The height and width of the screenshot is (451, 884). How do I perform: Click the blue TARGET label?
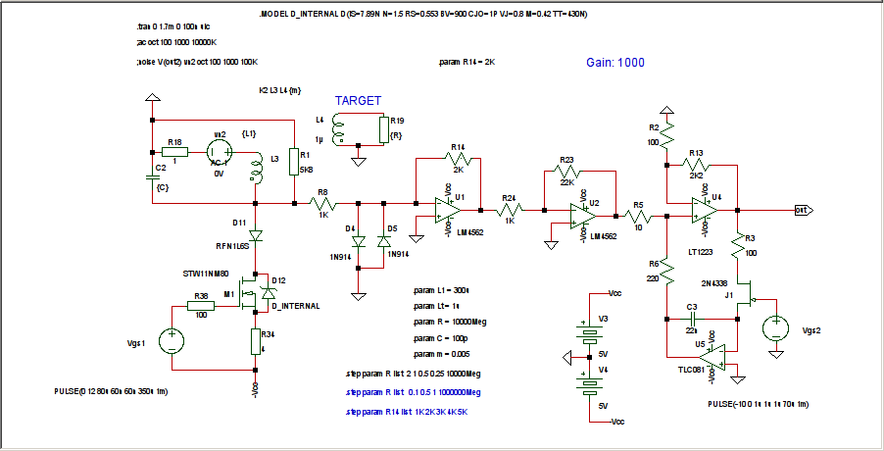pyautogui.click(x=358, y=101)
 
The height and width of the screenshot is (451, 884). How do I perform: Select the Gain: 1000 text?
pyautogui.click(x=615, y=62)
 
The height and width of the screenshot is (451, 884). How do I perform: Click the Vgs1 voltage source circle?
pyautogui.click(x=172, y=341)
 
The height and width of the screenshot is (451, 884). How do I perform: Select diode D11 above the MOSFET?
pyautogui.click(x=256, y=236)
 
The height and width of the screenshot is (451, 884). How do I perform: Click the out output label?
pyautogui.click(x=802, y=209)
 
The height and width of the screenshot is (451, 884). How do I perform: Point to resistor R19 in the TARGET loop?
pyautogui.click(x=383, y=132)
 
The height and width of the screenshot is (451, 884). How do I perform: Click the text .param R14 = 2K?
pyautogui.click(x=467, y=61)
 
